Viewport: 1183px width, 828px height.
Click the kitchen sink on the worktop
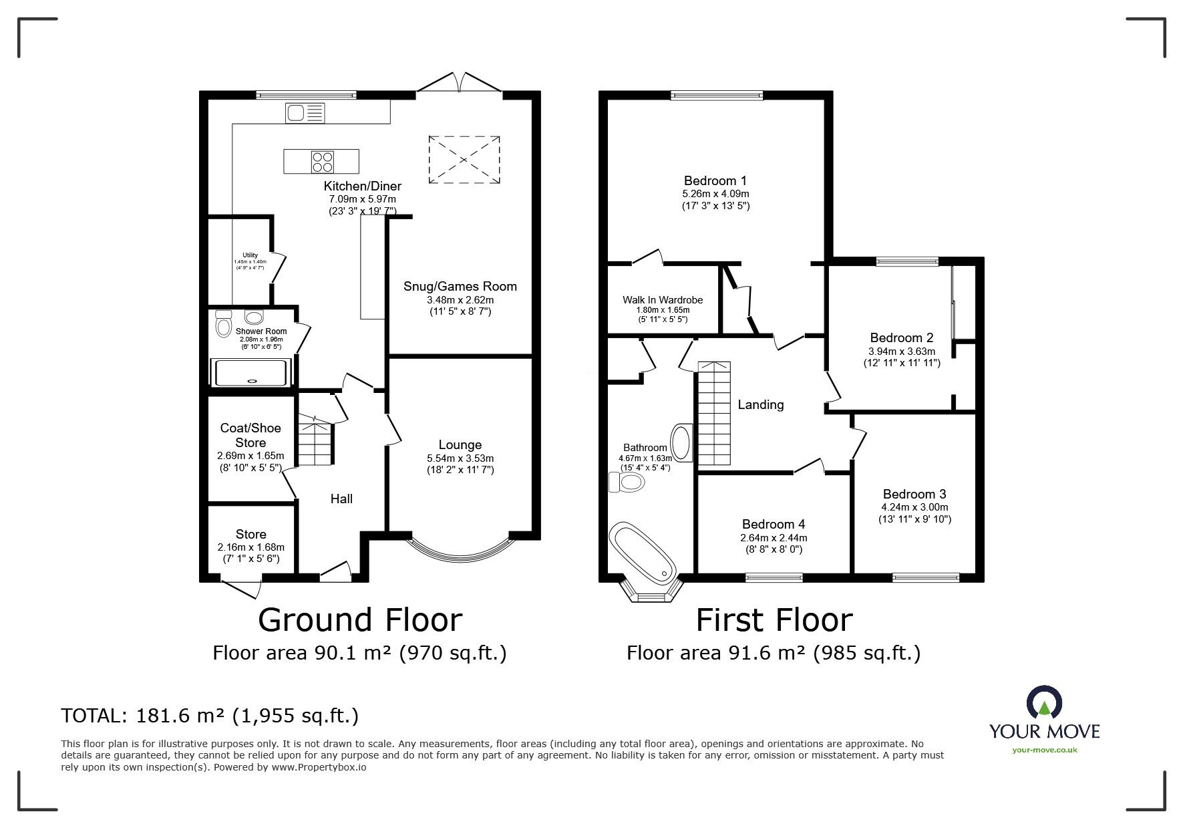[305, 113]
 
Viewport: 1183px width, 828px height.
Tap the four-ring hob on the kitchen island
[322, 161]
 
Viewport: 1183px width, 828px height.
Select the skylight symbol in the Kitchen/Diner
[464, 160]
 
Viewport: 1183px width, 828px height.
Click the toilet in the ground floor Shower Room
[223, 324]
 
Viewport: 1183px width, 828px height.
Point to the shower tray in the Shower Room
[251, 372]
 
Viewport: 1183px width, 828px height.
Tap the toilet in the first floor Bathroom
[626, 482]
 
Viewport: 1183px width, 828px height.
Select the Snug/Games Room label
[460, 286]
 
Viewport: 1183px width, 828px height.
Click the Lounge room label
[460, 444]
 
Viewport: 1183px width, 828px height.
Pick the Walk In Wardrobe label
[663, 300]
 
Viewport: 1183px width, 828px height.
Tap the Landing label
[761, 404]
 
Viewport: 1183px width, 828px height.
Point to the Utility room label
[250, 255]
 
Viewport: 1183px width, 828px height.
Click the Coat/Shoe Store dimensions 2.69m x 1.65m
[250, 456]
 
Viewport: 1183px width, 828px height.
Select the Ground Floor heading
[360, 619]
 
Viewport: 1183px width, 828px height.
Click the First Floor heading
[774, 619]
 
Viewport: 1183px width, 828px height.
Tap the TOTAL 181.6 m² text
[210, 716]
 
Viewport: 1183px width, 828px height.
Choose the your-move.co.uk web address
[1044, 750]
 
